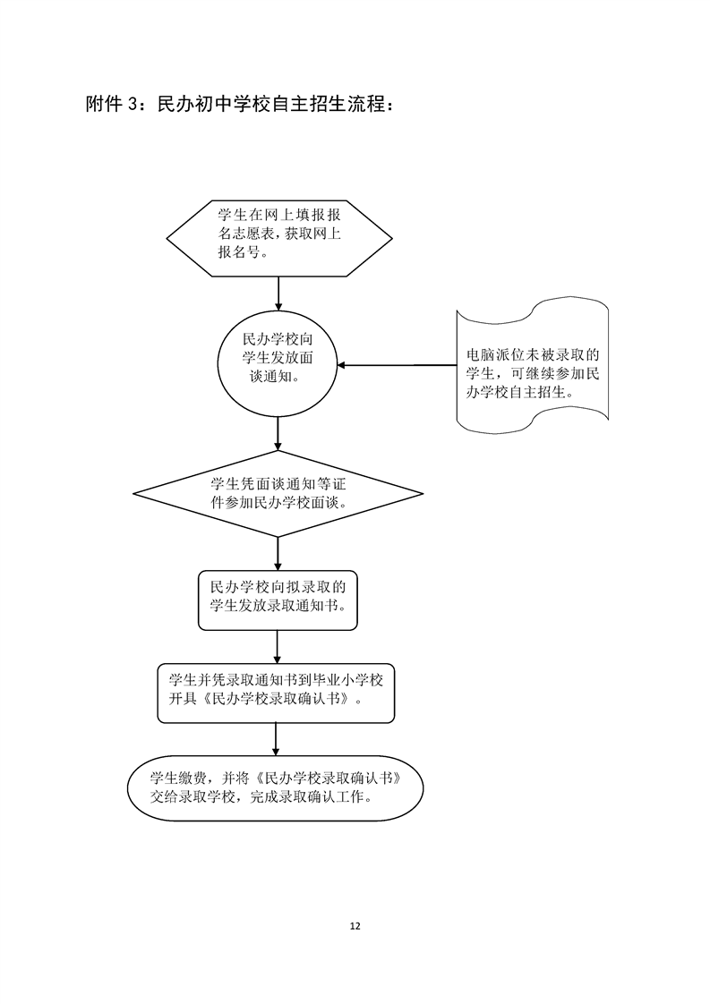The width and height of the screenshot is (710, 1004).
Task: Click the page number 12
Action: (x=355, y=926)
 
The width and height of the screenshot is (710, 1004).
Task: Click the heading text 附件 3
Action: (x=111, y=105)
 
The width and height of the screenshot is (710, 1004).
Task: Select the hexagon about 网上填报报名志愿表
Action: (x=279, y=238)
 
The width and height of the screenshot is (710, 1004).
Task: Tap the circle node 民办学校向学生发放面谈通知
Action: (x=278, y=365)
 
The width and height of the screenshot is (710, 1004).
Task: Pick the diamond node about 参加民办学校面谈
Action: (x=278, y=494)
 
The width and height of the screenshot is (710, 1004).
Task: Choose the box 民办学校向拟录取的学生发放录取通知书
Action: (x=278, y=600)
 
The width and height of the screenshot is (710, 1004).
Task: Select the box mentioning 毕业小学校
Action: (x=276, y=693)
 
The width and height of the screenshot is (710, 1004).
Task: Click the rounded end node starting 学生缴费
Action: (x=276, y=789)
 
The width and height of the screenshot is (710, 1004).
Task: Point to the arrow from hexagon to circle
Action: (x=278, y=294)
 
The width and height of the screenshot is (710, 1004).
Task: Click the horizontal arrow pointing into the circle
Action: (x=397, y=365)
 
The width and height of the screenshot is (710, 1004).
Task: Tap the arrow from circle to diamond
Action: (x=278, y=434)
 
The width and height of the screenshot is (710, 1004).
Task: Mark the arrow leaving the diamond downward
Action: (x=278, y=554)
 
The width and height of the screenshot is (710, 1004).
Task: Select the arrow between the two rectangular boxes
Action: (x=278, y=647)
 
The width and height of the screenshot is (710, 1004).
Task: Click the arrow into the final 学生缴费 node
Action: (x=276, y=740)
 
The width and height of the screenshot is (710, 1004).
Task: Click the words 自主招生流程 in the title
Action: (x=329, y=105)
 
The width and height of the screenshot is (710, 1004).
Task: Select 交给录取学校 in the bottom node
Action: (x=192, y=797)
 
